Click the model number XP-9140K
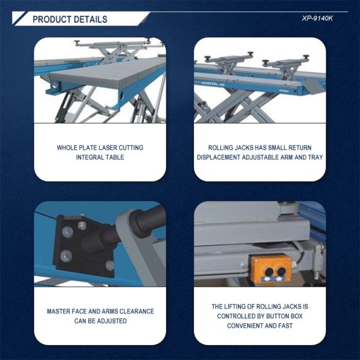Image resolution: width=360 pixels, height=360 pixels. pyautogui.click(x=318, y=18)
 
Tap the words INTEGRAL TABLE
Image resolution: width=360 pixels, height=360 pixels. pyautogui.click(x=100, y=157)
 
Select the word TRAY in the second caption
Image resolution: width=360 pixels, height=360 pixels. pyautogui.click(x=316, y=157)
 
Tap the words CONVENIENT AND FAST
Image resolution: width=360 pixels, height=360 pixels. pyautogui.click(x=260, y=326)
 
